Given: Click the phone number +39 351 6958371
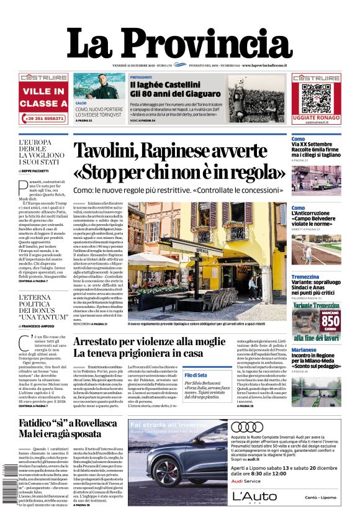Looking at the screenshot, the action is pyautogui.click(x=43, y=117).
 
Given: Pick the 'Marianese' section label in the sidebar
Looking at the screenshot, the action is pyautogui.click(x=304, y=349).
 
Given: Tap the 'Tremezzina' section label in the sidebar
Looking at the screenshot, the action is pyautogui.click(x=305, y=277).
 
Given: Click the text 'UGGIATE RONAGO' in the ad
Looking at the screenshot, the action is pyautogui.click(x=316, y=117).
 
